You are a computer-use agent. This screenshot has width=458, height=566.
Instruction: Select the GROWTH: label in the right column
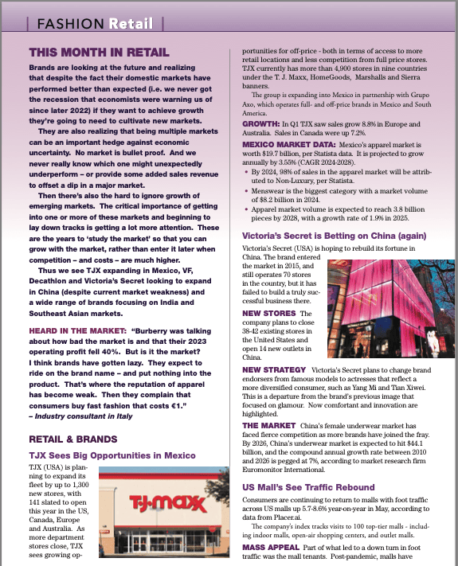260,124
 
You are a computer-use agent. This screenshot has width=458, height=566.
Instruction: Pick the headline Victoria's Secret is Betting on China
335,236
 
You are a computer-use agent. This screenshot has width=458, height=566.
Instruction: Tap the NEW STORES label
268,314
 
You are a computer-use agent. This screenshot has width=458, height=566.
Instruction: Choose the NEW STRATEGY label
274,370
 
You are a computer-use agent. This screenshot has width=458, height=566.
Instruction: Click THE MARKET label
269,426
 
